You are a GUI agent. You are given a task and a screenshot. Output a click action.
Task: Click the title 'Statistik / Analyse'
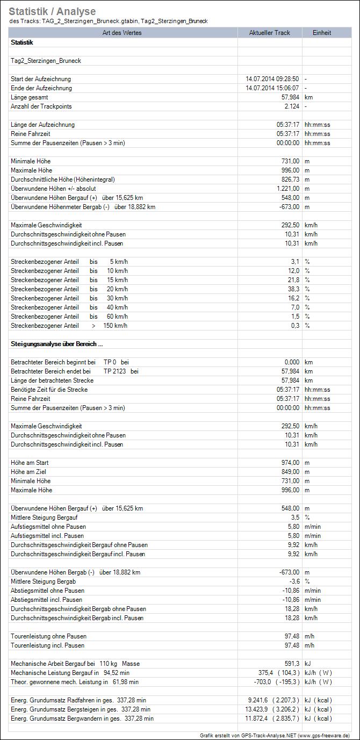click(52, 11)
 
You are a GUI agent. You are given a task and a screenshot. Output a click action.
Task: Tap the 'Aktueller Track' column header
click(269, 33)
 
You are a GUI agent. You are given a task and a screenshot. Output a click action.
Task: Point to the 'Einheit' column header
click(322, 33)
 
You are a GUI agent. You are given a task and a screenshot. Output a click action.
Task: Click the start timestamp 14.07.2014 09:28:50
click(272, 79)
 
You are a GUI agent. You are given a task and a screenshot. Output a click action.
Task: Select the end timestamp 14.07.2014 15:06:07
click(272, 88)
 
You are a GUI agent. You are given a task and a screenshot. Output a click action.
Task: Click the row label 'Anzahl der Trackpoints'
click(41, 106)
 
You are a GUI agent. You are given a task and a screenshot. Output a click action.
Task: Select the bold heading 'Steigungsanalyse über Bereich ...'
click(57, 344)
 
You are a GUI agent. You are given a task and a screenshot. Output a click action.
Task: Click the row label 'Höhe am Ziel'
click(29, 472)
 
